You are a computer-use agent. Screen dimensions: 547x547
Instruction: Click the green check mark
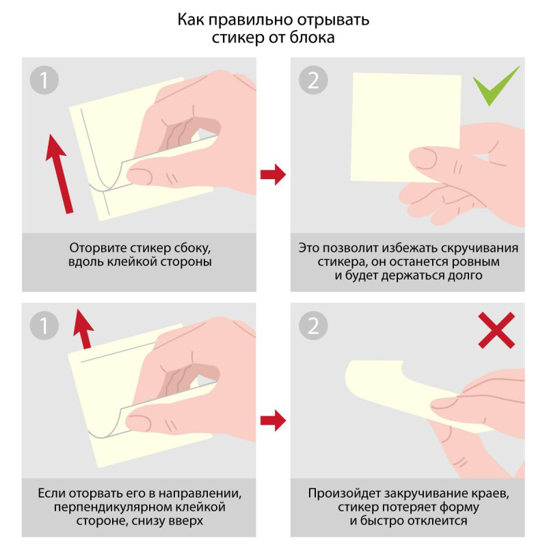496,88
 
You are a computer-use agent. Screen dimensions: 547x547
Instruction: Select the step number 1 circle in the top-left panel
44,80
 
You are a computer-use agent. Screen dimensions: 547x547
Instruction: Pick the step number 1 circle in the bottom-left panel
44,326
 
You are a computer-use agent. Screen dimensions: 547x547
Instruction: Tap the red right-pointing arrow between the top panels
273,174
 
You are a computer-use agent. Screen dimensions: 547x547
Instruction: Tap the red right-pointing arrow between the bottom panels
273,420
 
